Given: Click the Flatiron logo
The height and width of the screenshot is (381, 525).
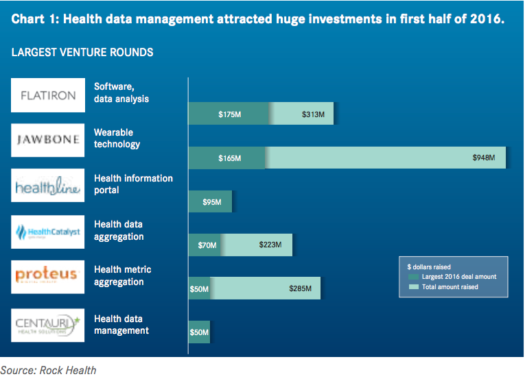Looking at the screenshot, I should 48,95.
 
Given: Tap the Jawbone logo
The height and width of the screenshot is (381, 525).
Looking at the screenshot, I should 48,140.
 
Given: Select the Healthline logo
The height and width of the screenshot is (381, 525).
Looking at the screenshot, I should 48,186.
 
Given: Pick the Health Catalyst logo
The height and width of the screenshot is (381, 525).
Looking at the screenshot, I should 48,232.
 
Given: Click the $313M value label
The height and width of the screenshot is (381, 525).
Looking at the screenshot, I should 313,114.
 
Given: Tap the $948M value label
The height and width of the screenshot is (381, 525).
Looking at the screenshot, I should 484,158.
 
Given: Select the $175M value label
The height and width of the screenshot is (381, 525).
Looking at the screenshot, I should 229,114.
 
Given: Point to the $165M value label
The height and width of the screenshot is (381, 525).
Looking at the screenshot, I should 229,158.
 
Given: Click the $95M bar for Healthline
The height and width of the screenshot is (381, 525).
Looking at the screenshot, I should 210,201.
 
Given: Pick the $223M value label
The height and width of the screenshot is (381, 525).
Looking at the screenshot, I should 270,245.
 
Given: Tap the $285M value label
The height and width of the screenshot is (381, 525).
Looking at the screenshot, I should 300,289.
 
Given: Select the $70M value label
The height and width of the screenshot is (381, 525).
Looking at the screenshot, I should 207,245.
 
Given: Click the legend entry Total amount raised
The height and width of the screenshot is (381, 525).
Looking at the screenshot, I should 450,287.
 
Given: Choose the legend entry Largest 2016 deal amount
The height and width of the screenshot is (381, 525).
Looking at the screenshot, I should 458,277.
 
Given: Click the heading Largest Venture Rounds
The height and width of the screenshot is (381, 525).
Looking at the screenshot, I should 82,52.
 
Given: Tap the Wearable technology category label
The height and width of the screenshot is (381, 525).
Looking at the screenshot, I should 117,138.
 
